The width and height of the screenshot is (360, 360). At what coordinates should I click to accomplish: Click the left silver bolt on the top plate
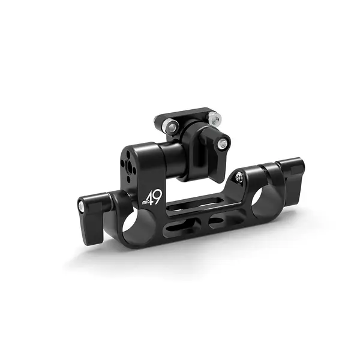[x=172, y=125]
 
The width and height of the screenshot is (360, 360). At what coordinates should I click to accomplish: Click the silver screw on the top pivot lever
[x=223, y=143]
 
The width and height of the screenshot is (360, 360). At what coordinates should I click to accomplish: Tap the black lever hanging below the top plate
[x=214, y=148]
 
